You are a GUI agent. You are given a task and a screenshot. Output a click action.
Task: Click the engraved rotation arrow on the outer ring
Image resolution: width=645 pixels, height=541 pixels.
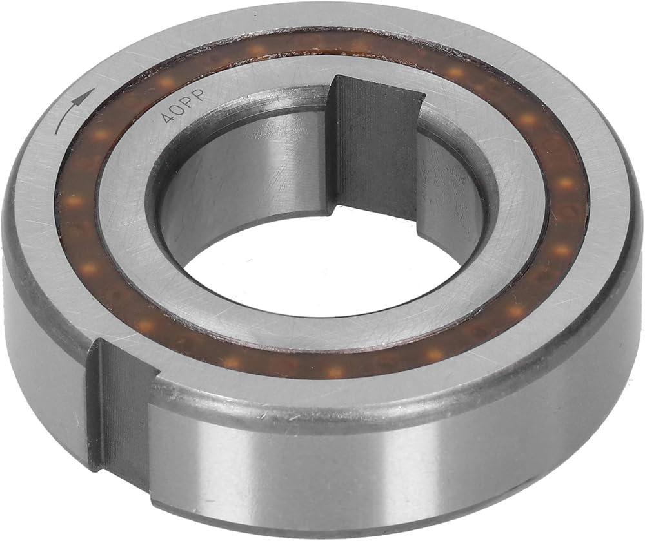point(69,110)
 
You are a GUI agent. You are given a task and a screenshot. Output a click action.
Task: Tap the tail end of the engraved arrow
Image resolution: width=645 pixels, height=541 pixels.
point(56,133)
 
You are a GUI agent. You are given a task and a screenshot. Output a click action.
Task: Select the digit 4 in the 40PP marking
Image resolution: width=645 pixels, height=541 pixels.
point(168,117)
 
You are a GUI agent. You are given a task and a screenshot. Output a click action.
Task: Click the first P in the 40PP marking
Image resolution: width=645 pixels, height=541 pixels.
point(190,102)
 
